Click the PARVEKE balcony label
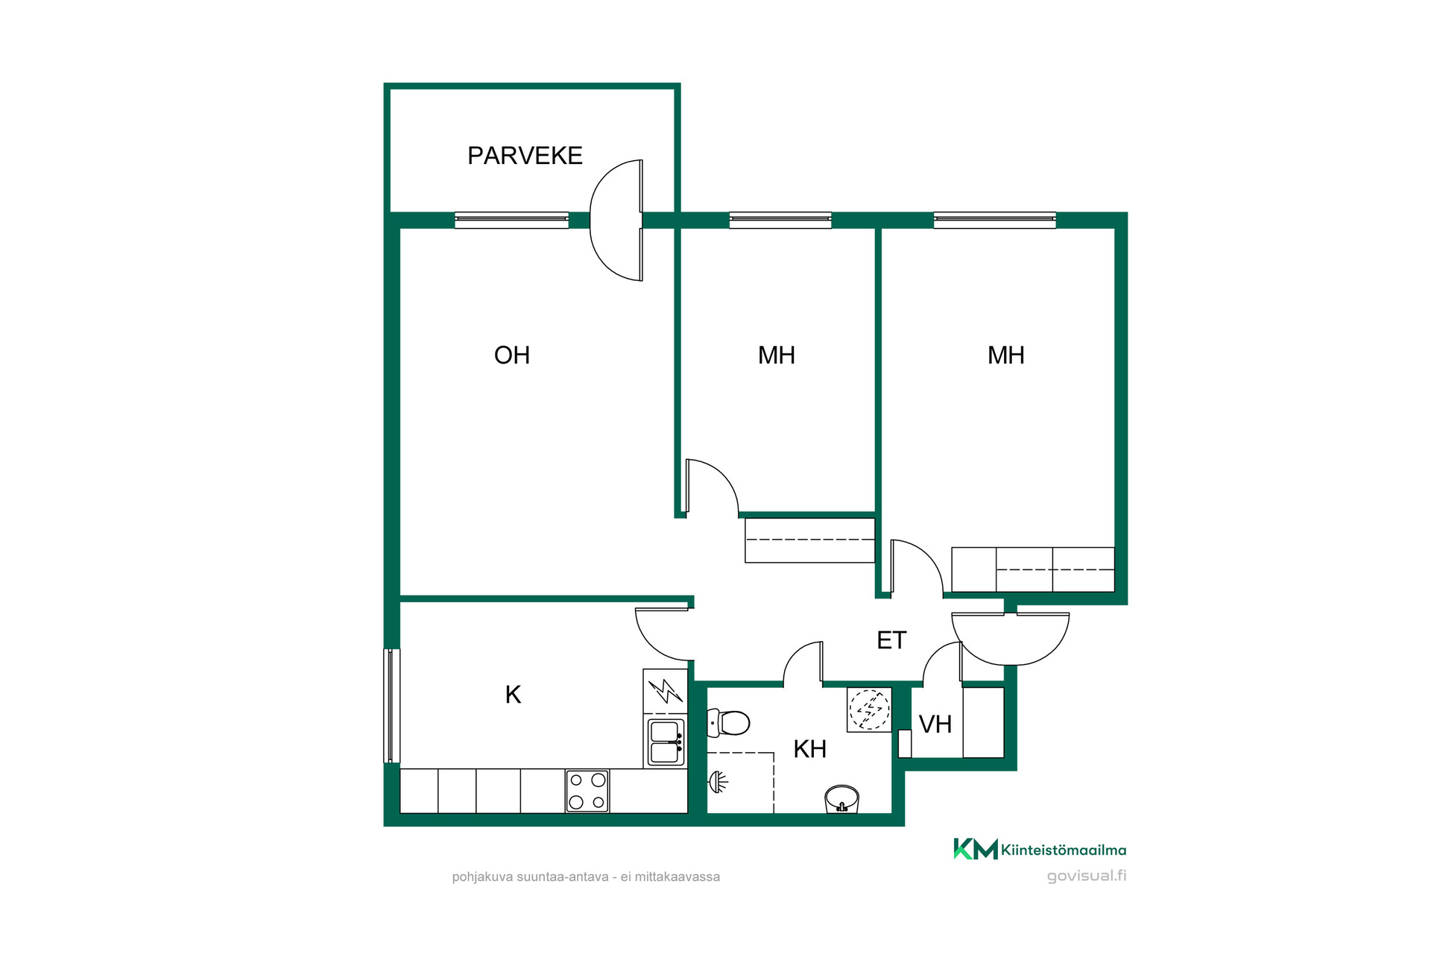coord(525,156)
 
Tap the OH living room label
coord(512,356)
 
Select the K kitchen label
coord(513,695)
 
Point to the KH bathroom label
coord(810,749)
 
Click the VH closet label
coord(935,724)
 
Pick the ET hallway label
coord(891,640)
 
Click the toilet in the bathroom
coord(728,722)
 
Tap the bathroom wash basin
coord(842,799)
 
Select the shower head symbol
coord(717,782)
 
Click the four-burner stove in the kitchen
coord(587,791)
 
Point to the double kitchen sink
coord(666,742)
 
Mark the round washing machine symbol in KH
coord(870,710)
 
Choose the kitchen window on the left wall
coord(392,706)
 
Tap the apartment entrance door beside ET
coord(1011,639)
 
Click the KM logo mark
coord(976,849)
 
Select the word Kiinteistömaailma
coord(1064,850)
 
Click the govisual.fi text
coord(1087,876)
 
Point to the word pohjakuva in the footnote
coord(482,877)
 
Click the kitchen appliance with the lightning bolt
coord(665,691)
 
